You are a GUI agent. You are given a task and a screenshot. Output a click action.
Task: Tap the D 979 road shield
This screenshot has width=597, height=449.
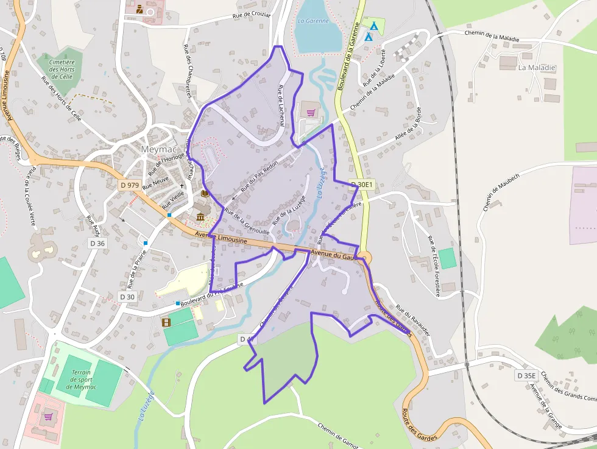pos(129,185)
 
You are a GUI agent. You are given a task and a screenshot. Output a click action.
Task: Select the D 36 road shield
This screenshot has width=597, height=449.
pos(97,243)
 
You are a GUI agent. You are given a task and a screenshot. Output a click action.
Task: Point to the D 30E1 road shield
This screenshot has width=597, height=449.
pos(361,183)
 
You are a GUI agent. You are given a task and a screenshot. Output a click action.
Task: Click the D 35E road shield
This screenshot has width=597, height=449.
pos(525,375)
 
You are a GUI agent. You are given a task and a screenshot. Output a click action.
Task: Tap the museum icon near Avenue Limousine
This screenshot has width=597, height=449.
pos(200,217)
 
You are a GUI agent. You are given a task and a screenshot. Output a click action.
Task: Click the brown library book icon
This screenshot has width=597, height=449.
pos(205,194)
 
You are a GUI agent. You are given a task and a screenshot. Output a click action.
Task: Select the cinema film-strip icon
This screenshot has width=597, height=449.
pos(166,322)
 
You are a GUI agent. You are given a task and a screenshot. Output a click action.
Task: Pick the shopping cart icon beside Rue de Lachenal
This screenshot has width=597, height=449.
pos(311,113)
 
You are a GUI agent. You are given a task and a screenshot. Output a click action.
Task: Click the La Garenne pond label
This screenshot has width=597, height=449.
pos(313,21)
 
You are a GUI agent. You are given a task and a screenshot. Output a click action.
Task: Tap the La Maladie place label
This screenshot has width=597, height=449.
pos(537,68)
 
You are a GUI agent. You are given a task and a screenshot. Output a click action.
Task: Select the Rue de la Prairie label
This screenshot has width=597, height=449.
pos(138,268)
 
